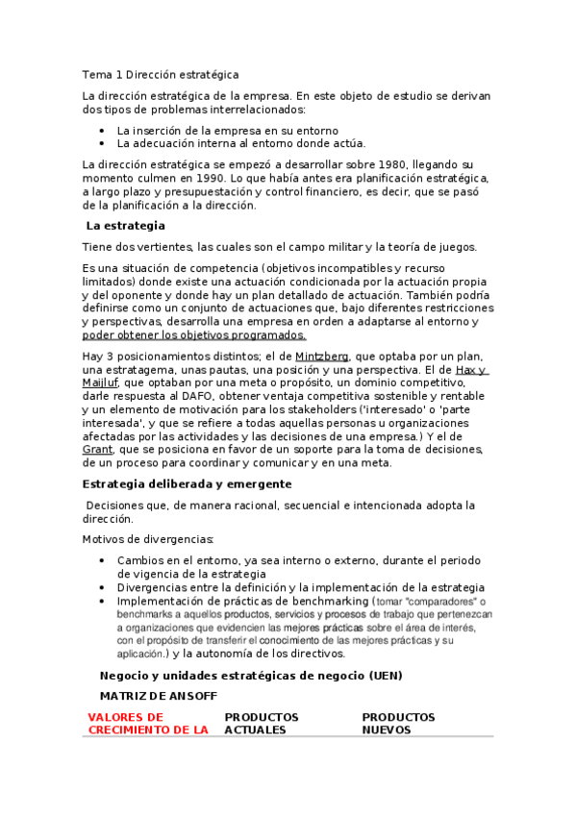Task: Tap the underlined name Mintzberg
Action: pyautogui.click(x=322, y=356)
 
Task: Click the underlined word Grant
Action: pyautogui.click(x=98, y=449)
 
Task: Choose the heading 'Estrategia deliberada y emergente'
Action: pyautogui.click(x=187, y=483)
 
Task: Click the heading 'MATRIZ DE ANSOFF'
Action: pyautogui.click(x=158, y=695)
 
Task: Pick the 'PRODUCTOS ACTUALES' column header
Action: pyautogui.click(x=262, y=723)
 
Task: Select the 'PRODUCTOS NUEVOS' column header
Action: pyautogui.click(x=398, y=723)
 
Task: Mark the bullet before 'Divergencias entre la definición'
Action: pyautogui.click(x=104, y=588)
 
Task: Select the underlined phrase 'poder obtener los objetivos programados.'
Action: pyautogui.click(x=194, y=335)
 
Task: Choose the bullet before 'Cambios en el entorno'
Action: pyautogui.click(x=104, y=560)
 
